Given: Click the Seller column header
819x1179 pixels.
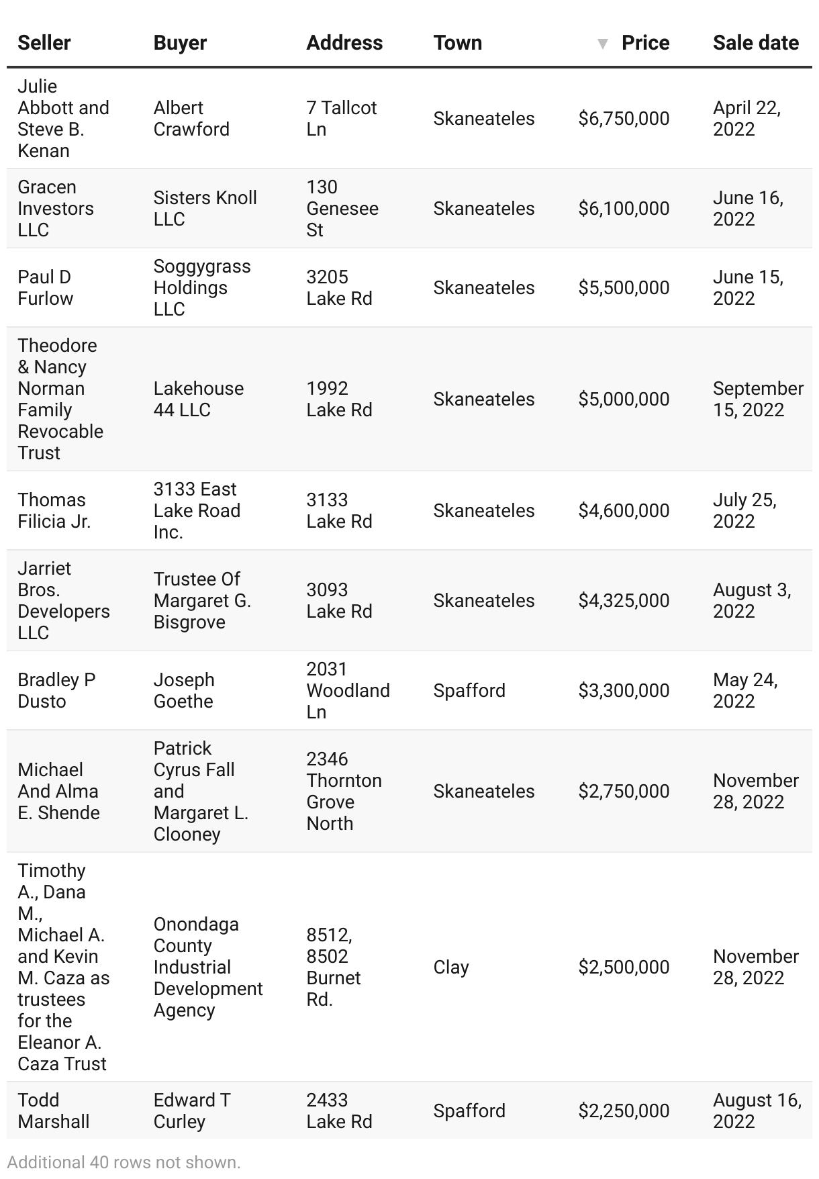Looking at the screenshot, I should [44, 43].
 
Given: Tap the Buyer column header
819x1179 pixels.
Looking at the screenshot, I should [180, 43].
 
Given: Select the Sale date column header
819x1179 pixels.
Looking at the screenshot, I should [755, 43].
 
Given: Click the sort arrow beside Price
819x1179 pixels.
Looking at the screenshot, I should [603, 44].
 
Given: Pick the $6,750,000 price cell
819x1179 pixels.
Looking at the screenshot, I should [624, 119].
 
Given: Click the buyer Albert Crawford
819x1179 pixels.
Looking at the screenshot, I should [191, 119].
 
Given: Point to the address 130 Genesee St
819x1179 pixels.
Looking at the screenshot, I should [342, 208].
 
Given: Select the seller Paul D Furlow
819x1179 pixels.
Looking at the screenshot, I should [46, 287].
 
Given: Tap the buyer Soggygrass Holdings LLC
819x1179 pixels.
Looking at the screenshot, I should [202, 287].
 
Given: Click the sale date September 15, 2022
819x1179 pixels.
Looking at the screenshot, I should [758, 399].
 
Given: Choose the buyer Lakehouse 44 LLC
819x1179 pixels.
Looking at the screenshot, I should [199, 399].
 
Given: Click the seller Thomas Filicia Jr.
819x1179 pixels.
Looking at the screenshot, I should [54, 510].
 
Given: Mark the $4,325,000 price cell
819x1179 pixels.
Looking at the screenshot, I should [624, 600].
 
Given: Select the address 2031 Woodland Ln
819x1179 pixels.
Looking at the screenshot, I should [348, 690].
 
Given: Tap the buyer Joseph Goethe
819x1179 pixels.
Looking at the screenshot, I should [184, 690].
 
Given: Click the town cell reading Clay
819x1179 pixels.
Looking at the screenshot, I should [451, 967].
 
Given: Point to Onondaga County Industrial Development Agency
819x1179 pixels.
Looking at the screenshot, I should [208, 967].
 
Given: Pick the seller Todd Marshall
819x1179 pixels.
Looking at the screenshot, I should [54, 1111].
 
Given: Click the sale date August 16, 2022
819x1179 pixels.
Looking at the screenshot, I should [757, 1111].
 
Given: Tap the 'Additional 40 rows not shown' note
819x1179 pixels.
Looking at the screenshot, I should [124, 1162].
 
